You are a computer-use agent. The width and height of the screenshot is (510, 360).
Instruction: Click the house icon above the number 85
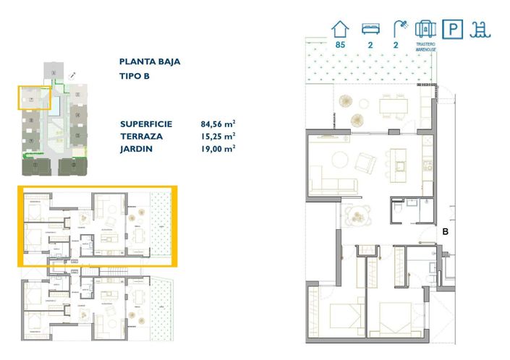point(340,29)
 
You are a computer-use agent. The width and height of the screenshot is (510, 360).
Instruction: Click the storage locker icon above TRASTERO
point(425,29)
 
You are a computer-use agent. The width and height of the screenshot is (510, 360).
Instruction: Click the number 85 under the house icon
point(340,46)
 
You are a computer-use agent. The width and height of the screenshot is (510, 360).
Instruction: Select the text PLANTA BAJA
point(150,62)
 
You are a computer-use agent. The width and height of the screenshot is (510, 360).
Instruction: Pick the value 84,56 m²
point(218,124)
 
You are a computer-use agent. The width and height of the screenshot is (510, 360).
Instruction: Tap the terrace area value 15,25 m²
point(218,136)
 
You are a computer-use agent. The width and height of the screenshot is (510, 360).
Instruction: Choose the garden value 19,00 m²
point(218,148)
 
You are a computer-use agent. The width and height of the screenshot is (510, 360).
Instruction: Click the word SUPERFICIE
point(146,124)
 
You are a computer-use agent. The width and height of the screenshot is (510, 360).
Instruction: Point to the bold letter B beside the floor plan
point(446,232)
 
